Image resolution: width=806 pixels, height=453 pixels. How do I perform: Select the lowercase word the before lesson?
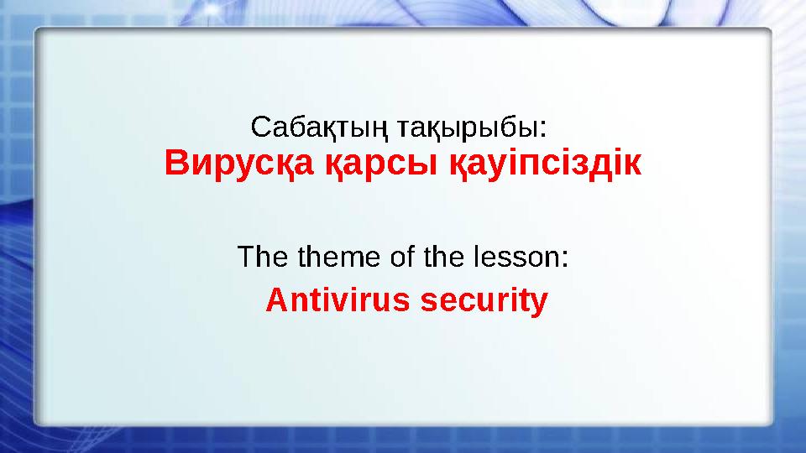pyautogui.click(x=442, y=256)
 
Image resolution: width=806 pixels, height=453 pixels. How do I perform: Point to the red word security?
pyautogui.click(x=484, y=300)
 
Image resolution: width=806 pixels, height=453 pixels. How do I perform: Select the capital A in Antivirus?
pyautogui.click(x=275, y=299)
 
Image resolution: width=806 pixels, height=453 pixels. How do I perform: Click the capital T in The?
pyautogui.click(x=247, y=256)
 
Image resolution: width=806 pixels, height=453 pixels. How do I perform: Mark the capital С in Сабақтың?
pyautogui.click(x=260, y=129)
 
